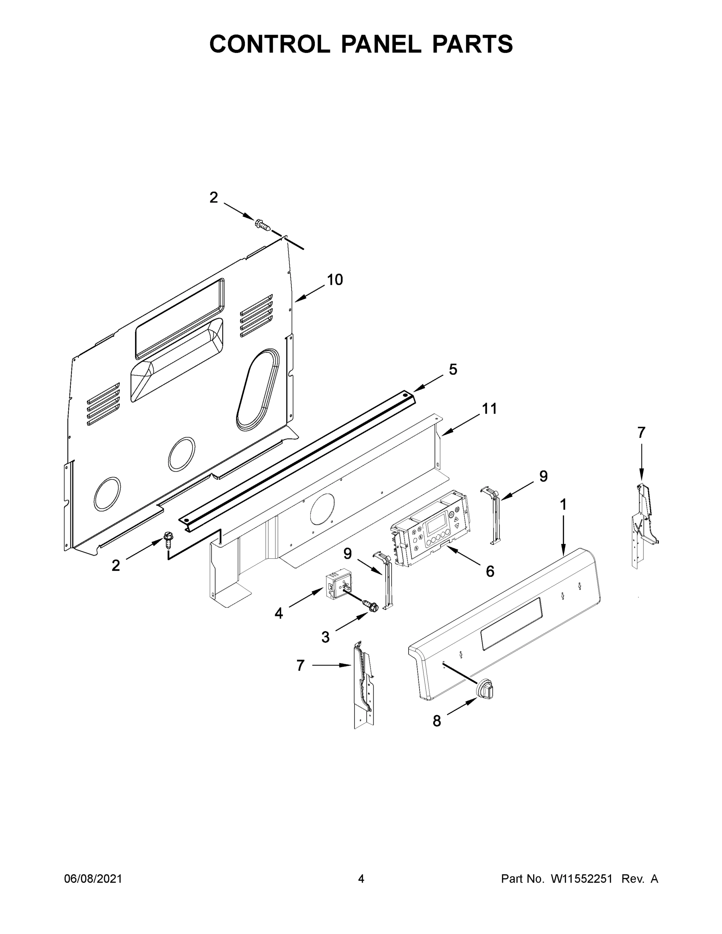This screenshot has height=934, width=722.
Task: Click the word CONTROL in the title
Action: click(269, 44)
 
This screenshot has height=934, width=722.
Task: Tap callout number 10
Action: click(334, 280)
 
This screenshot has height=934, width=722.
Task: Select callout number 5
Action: click(453, 369)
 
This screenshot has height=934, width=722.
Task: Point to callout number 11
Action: click(490, 409)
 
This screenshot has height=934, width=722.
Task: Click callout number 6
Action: click(490, 571)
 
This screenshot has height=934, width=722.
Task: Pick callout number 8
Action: click(436, 721)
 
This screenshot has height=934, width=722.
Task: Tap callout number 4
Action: click(278, 614)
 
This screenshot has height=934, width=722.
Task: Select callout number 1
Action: click(563, 505)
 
